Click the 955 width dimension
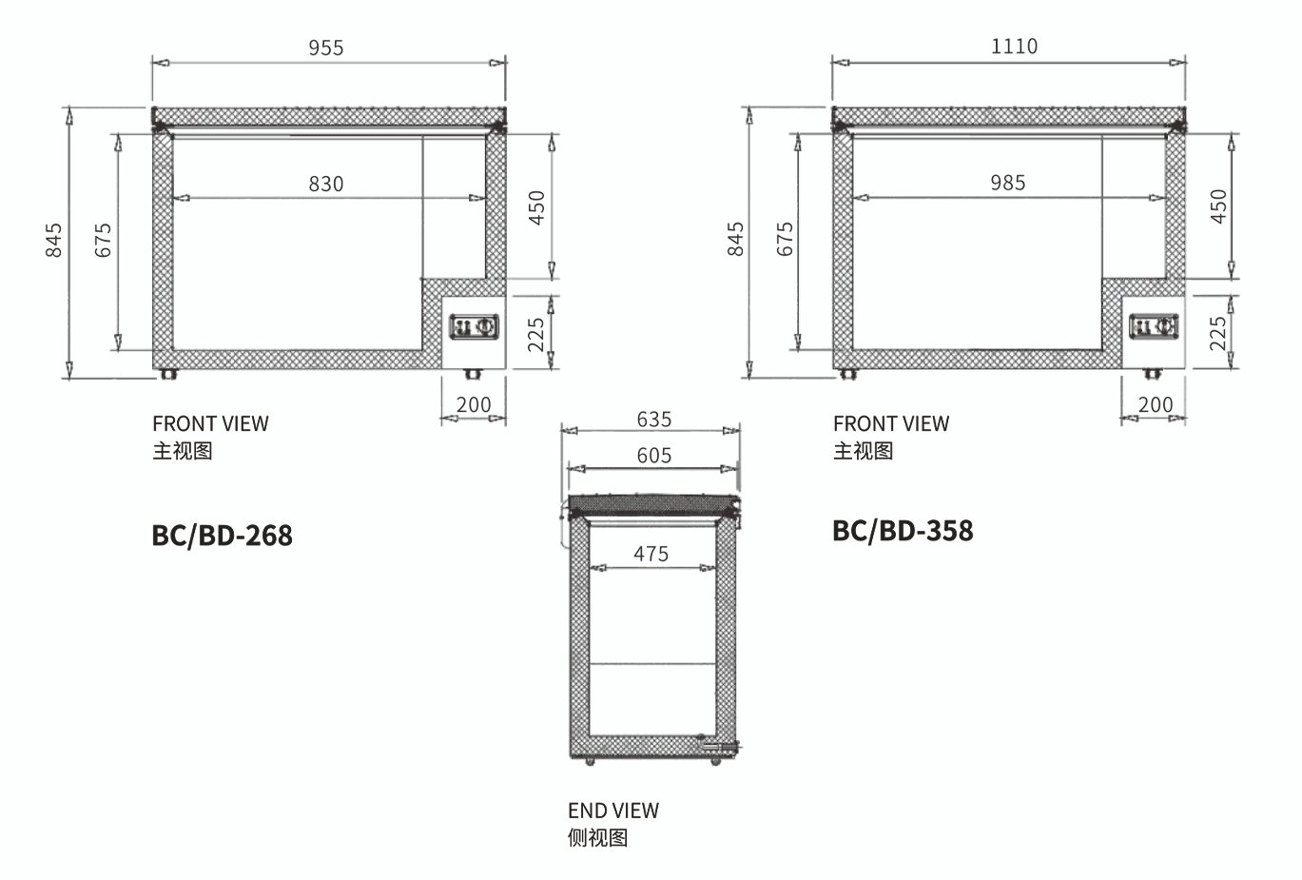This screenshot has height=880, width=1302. tap(326, 48)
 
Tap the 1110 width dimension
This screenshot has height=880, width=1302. tap(1014, 47)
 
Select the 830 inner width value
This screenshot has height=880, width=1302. tap(326, 184)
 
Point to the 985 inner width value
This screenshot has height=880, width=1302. tap(1008, 183)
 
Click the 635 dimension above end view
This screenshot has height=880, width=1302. tap(654, 420)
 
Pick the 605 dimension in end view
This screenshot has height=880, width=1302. tap(654, 455)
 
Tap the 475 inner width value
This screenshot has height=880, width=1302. tap(651, 554)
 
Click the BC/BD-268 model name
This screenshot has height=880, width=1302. tap(222, 536)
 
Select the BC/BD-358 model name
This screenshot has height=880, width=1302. tap(903, 531)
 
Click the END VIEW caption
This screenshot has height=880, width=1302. tap(613, 811)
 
